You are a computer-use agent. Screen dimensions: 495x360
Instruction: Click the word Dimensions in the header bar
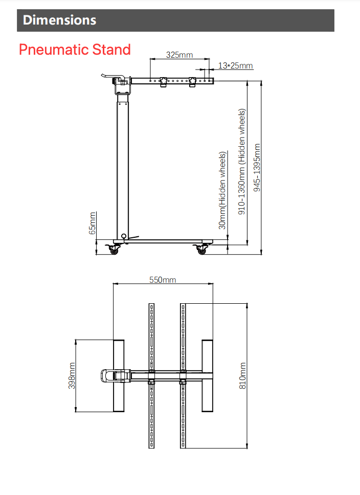coord(59,20)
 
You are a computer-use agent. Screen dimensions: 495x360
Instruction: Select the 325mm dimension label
coord(179,55)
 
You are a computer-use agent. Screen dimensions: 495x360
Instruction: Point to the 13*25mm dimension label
coord(236,66)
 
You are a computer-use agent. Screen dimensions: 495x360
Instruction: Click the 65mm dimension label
coord(93,223)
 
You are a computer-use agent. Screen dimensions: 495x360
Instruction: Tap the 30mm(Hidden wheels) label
coord(222,190)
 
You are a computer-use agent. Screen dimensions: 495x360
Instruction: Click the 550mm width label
coord(163,280)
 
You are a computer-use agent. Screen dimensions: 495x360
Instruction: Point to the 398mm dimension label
coord(72,376)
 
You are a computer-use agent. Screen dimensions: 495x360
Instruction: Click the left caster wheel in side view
coord(114,250)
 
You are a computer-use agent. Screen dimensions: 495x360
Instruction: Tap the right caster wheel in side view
coord(201,250)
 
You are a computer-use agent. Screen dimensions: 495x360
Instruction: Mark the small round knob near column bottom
coord(123,236)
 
